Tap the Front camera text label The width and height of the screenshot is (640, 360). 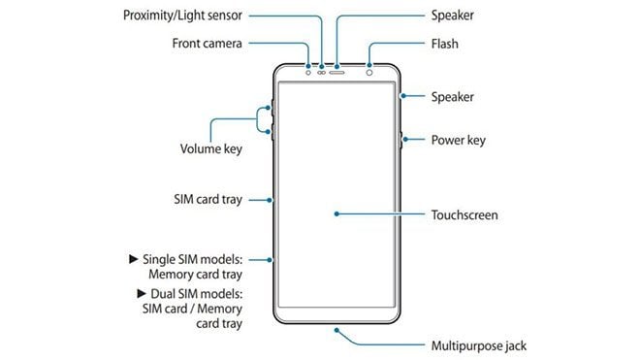(x=208, y=44)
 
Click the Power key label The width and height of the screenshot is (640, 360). (x=458, y=140)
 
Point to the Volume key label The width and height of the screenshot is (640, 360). (x=210, y=149)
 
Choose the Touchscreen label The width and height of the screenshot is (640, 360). (x=464, y=214)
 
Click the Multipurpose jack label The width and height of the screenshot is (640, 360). (x=479, y=345)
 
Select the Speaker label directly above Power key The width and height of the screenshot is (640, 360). (x=453, y=97)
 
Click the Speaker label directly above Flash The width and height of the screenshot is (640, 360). (x=453, y=16)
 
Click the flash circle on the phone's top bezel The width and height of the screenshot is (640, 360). (x=368, y=72)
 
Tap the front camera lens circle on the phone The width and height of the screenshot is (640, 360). (x=308, y=72)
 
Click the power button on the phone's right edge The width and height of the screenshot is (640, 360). (x=400, y=141)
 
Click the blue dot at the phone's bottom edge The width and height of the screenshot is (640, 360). (x=336, y=329)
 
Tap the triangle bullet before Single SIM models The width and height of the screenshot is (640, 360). (x=133, y=259)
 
